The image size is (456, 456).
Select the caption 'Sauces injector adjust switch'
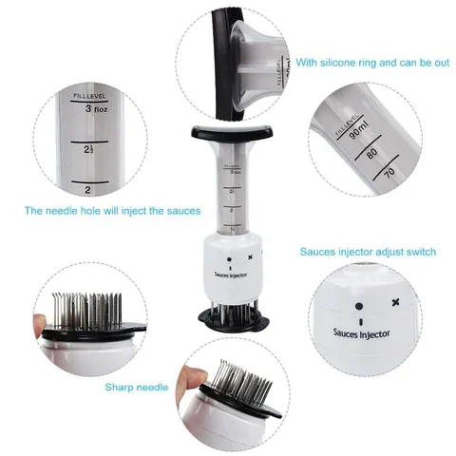click(368, 252)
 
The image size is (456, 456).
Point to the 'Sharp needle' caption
click(137, 388)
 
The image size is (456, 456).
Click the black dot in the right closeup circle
click(359, 307)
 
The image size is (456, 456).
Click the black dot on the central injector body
click(229, 257)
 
